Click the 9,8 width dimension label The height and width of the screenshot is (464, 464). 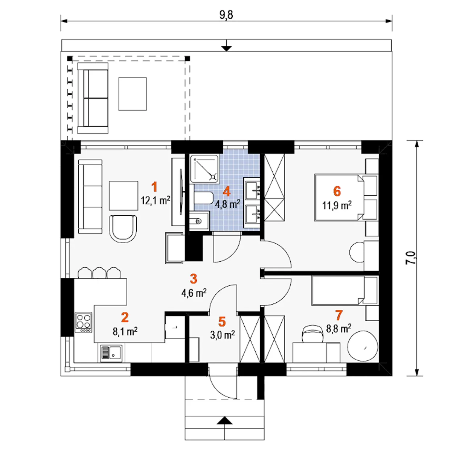(226, 15)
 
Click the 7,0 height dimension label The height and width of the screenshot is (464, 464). (411, 258)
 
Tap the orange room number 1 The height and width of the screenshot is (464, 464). (154, 187)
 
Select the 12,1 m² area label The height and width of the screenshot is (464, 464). (156, 200)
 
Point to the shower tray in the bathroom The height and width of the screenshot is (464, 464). (204, 169)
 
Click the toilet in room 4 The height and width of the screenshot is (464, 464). (203, 198)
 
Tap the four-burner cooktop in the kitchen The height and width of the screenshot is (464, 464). (83, 323)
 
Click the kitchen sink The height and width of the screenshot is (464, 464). (111, 353)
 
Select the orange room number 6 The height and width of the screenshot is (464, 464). (337, 191)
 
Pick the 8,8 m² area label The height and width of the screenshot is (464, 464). (339, 328)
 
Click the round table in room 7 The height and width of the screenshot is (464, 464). (362, 346)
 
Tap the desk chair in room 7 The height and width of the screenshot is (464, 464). (313, 333)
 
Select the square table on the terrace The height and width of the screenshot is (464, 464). (132, 94)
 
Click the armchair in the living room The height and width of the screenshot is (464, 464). (123, 229)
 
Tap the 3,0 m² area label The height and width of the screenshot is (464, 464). (223, 335)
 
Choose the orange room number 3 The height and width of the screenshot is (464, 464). (193, 279)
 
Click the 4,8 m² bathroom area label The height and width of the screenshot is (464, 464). (228, 204)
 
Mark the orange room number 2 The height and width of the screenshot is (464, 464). (125, 317)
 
